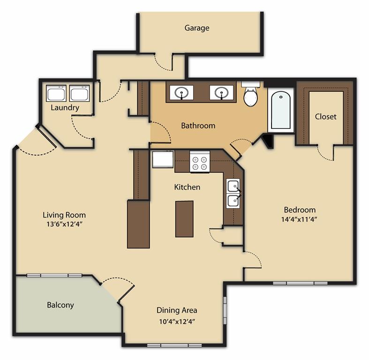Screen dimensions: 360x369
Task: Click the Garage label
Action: (x=196, y=28)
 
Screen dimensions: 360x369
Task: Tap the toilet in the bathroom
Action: (x=250, y=95)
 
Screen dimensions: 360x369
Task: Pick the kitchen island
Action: (x=184, y=218)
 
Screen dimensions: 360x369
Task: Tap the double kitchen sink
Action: (x=233, y=193)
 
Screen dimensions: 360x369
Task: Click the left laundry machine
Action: (x=56, y=93)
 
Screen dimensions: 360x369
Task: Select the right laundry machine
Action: (x=79, y=93)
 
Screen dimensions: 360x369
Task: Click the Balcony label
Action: (x=60, y=305)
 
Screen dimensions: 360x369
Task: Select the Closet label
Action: (x=325, y=116)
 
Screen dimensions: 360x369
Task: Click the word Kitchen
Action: (x=187, y=187)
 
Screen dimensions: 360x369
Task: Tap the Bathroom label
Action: (x=198, y=126)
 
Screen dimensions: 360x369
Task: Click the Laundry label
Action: (x=65, y=108)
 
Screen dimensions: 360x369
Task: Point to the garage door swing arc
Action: (x=163, y=63)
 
